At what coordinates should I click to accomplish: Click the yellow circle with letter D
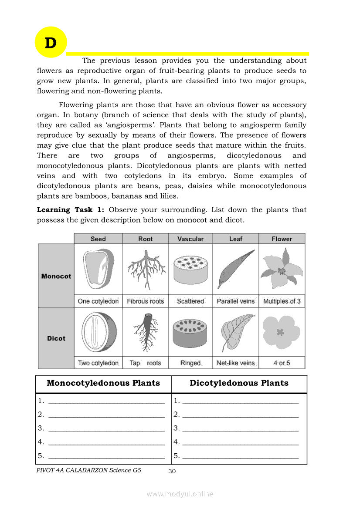(x=51, y=43)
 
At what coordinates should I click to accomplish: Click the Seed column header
(x=98, y=239)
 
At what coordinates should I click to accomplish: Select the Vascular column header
(x=190, y=239)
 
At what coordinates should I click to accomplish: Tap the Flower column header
(x=282, y=239)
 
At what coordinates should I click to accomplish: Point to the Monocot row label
(x=56, y=276)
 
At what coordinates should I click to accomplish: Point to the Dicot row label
(x=56, y=338)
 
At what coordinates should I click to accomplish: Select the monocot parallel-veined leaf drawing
(x=236, y=269)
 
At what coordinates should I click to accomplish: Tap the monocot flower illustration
(x=282, y=269)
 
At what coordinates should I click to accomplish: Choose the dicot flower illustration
(x=281, y=332)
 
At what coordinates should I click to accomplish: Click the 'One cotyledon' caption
(x=98, y=301)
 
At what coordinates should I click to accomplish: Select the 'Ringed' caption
(x=190, y=363)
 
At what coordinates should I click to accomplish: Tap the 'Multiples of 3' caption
(x=282, y=301)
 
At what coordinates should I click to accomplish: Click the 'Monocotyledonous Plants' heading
(x=103, y=383)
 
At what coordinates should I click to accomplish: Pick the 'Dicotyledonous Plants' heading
(x=239, y=383)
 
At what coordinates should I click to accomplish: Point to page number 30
(x=172, y=471)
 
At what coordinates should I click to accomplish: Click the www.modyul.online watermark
(x=180, y=494)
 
